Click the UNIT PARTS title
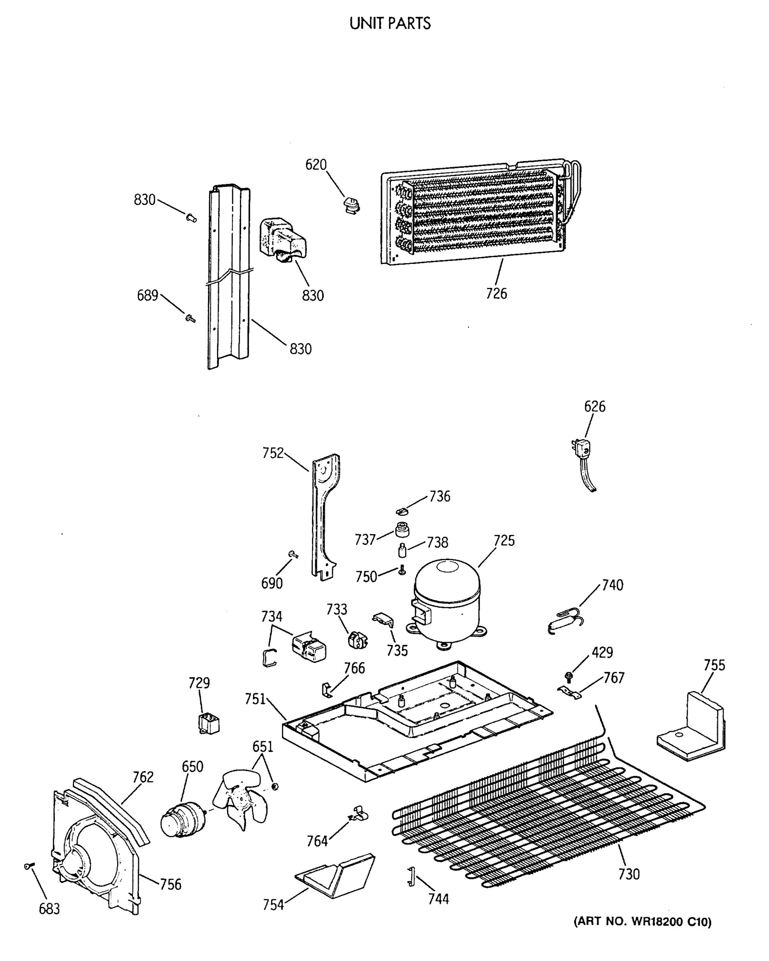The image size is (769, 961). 390,24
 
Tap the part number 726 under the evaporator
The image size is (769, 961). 496,293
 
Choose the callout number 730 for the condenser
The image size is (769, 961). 628,874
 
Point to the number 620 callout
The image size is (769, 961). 316,165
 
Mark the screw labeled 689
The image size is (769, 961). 190,318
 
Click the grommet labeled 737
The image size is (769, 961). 402,531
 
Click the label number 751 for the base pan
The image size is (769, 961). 255,699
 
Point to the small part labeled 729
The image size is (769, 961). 208,724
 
